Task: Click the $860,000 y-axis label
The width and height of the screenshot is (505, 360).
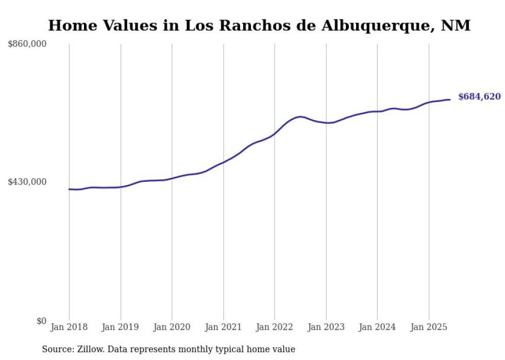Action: [27, 44]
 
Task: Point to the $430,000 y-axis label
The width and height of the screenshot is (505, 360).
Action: [27, 182]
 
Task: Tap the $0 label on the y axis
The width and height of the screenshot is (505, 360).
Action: [41, 321]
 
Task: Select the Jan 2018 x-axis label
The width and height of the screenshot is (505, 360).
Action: [69, 327]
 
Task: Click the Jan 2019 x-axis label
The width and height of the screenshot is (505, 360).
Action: [121, 327]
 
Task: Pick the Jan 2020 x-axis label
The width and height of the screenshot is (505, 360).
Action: [172, 327]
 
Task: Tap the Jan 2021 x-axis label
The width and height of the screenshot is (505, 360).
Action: [223, 327]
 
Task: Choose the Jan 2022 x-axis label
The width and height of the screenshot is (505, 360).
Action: [275, 327]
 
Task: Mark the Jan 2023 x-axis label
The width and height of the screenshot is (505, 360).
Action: [326, 327]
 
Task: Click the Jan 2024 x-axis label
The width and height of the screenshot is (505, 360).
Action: [377, 327]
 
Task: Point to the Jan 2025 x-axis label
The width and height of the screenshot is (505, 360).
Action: [429, 327]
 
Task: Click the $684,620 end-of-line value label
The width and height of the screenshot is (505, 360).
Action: [479, 97]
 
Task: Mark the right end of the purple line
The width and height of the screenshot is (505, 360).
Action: [450, 99]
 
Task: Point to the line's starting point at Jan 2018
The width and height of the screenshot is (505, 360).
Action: [69, 189]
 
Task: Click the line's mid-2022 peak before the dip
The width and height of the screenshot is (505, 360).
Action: [300, 116]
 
